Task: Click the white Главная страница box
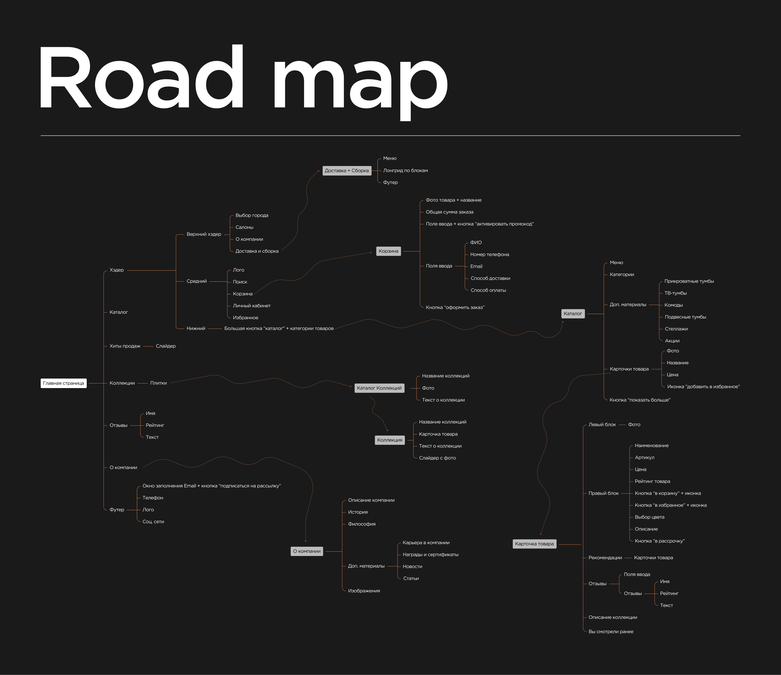click(x=63, y=383)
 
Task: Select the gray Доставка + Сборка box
click(x=347, y=171)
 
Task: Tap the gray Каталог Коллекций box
click(x=379, y=388)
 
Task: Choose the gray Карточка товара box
click(x=534, y=544)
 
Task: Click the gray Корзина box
click(x=388, y=251)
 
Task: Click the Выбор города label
click(x=252, y=216)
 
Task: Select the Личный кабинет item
click(x=251, y=306)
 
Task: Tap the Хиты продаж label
click(x=125, y=346)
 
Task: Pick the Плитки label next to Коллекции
click(x=158, y=383)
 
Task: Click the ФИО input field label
click(x=476, y=243)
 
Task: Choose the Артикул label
click(x=644, y=458)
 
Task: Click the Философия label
click(x=361, y=524)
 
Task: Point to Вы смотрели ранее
click(x=611, y=632)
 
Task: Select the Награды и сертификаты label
click(x=430, y=555)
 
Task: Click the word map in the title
click(x=360, y=79)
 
